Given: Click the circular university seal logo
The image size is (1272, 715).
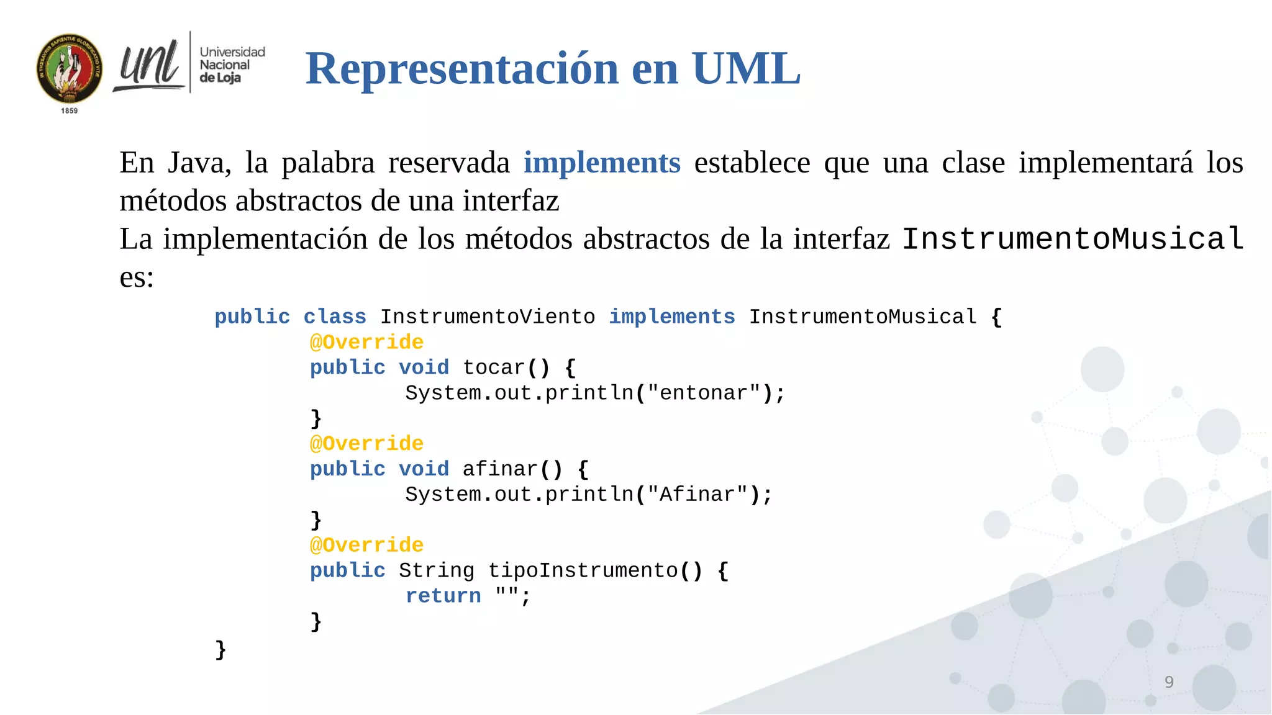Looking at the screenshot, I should pos(70,68).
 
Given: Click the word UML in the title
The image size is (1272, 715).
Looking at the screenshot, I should pos(746,68).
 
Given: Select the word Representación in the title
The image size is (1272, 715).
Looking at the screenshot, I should pos(462,68).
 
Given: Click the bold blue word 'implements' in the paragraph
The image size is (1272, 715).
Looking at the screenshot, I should pos(602,163).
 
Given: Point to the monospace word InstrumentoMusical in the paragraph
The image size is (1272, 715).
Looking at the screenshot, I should pos(1073,240).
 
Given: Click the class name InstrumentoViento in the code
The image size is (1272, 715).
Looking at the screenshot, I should pos(488,317).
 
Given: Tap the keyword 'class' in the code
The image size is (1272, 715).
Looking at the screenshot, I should pos(335,317).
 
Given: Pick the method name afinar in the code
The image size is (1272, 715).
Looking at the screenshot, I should pos(500,469).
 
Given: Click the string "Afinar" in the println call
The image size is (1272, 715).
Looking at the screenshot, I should pos(697,495).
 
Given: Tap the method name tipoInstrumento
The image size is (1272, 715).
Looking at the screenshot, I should pos(583,570).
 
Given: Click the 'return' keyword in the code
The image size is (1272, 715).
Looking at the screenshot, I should pos(443,596).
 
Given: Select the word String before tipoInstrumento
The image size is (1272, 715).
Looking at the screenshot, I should pos(436,570).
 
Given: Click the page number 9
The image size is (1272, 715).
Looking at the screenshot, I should pos(1169,682).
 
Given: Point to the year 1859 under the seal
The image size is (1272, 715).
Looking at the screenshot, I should pos(70,110).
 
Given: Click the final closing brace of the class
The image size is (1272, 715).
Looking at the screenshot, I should pos(220,649).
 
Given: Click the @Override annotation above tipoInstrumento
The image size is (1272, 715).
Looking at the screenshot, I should pos(366,545).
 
